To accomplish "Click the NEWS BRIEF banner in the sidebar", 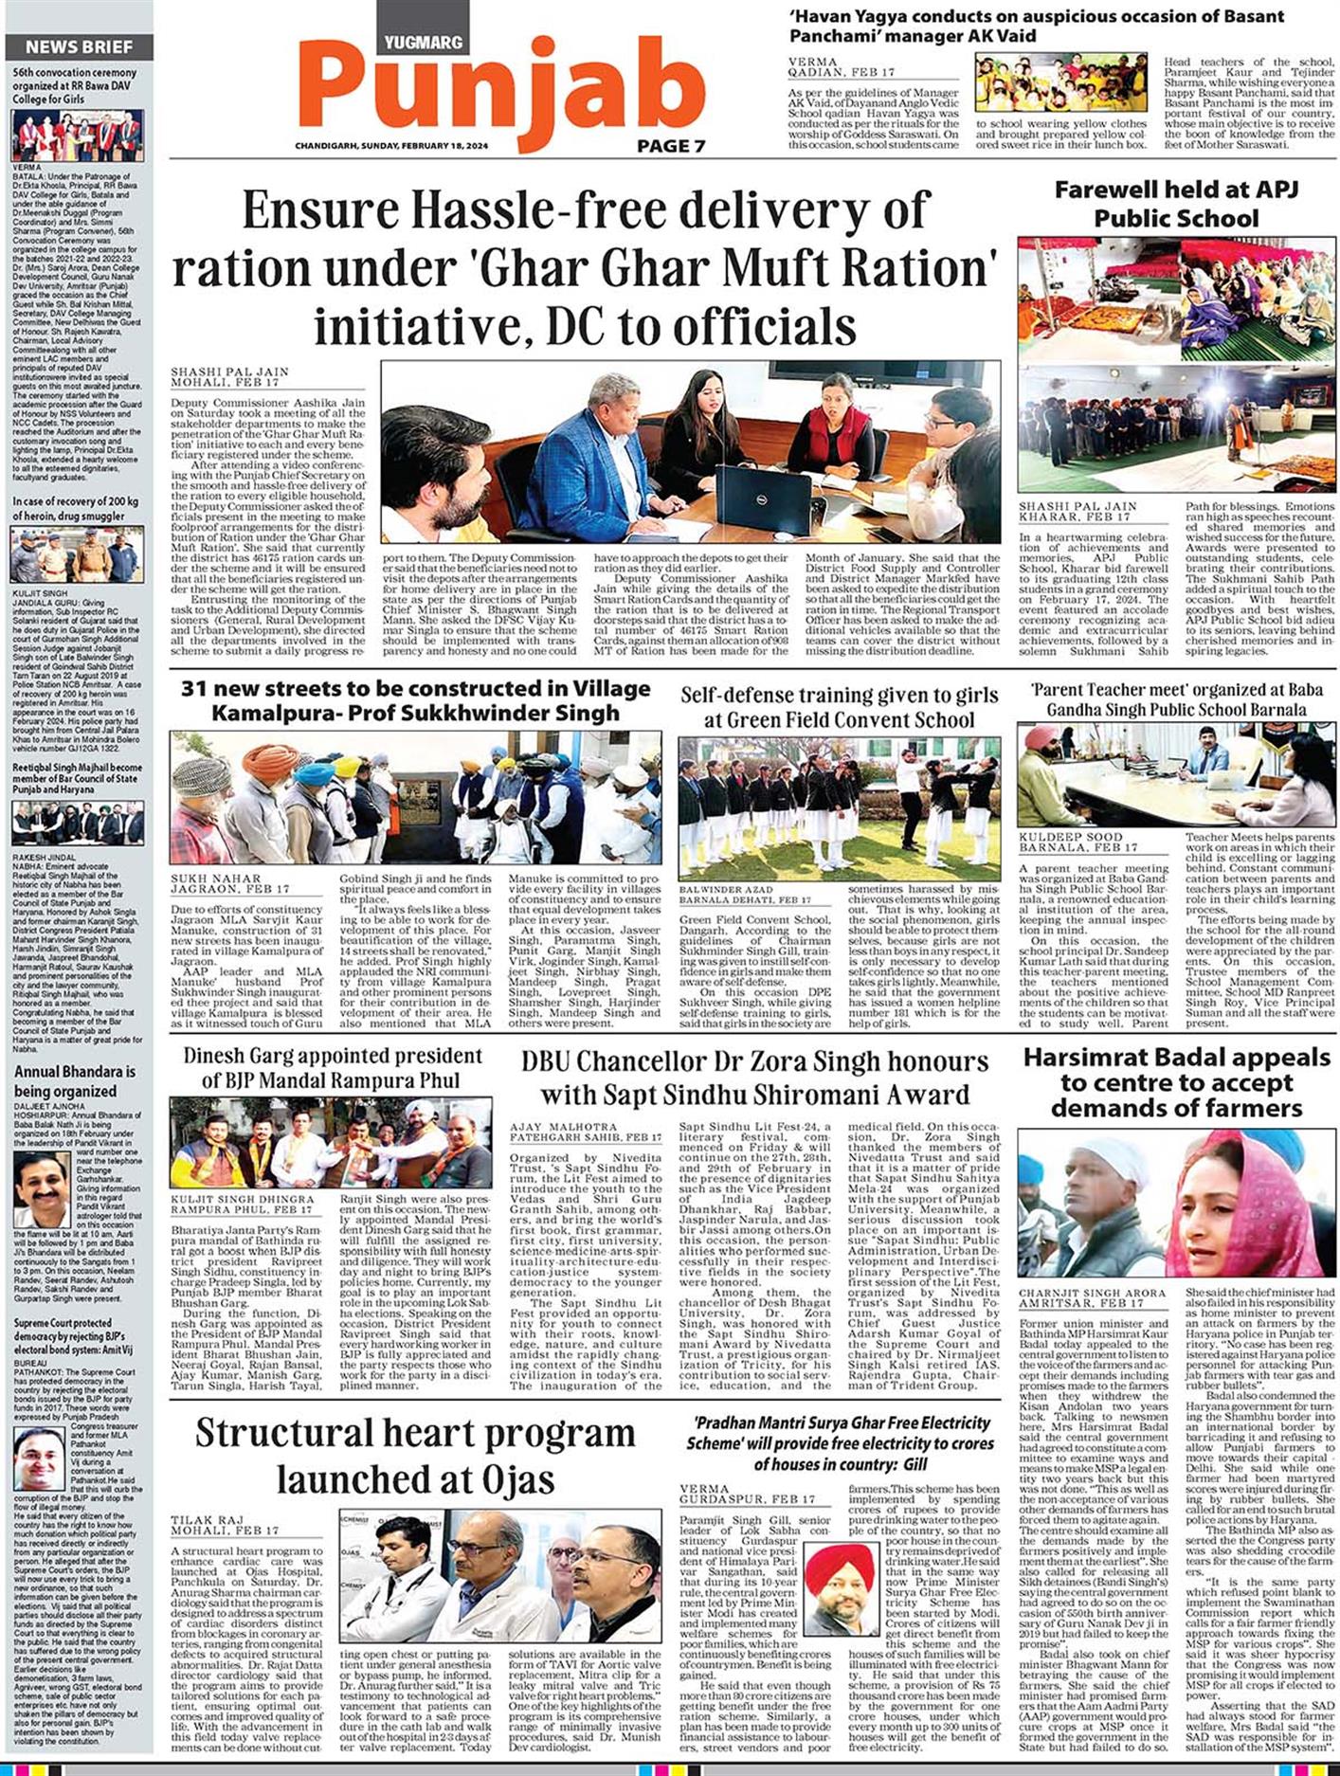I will [79, 47].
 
